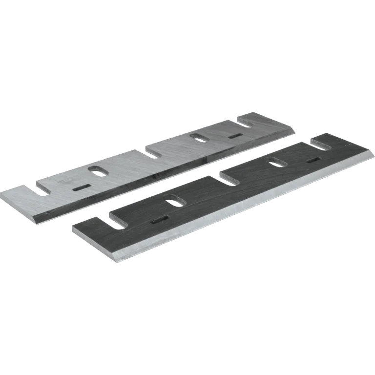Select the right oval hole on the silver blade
pyautogui.click(x=199, y=138)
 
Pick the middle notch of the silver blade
pyautogui.click(x=153, y=152)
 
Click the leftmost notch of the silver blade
pyautogui.click(x=43, y=188)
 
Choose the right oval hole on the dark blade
pyautogui.click(x=277, y=162)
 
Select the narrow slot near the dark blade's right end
pyautogui.click(x=312, y=160)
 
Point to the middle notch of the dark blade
pyautogui.click(x=229, y=177)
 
